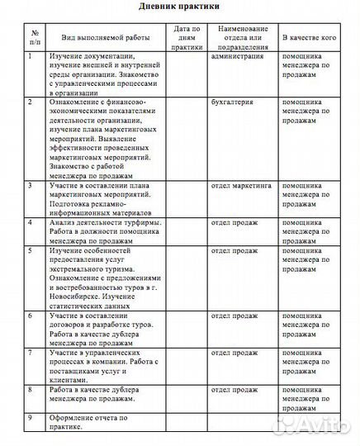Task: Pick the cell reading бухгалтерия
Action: click(231, 102)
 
